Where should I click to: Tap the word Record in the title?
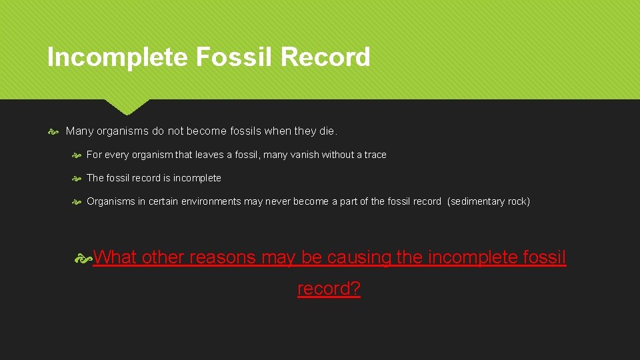(x=325, y=57)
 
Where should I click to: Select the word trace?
(x=375, y=155)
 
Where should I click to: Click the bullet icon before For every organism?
(x=77, y=155)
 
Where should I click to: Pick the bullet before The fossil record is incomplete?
(x=77, y=178)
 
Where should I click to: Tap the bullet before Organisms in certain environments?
(x=77, y=201)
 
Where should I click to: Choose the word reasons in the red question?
(x=223, y=257)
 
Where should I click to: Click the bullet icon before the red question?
(x=84, y=258)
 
